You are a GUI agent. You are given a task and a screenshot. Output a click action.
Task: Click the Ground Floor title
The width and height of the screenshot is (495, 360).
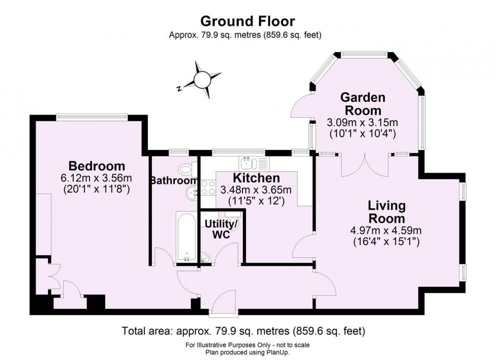pyautogui.click(x=247, y=21)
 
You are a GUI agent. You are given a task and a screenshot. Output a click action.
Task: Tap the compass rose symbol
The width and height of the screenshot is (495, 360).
pyautogui.click(x=201, y=80)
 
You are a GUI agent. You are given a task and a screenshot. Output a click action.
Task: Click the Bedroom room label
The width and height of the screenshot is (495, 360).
pyautogui.click(x=97, y=166)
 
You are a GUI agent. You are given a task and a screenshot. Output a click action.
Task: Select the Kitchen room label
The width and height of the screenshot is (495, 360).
pyautogui.click(x=256, y=178)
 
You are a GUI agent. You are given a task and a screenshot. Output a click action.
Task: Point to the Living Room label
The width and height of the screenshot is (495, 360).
pyautogui.click(x=387, y=212)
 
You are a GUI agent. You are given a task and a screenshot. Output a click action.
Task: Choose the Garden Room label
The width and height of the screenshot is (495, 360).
pyautogui.click(x=363, y=103)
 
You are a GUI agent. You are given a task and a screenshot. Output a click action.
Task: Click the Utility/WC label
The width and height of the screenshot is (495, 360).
pyautogui.click(x=221, y=229)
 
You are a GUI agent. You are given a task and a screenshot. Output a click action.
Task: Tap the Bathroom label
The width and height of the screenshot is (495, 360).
pyautogui.click(x=174, y=181)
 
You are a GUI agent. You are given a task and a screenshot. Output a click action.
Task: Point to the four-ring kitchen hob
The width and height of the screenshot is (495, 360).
pyautogui.click(x=208, y=187)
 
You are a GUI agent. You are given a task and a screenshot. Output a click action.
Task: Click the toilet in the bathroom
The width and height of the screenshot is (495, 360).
pyautogui.click(x=188, y=169)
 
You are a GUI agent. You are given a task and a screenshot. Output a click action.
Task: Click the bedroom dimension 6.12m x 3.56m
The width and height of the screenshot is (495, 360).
pyautogui.click(x=97, y=178)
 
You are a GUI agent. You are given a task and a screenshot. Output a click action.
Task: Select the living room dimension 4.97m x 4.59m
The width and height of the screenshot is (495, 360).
pyautogui.click(x=386, y=230)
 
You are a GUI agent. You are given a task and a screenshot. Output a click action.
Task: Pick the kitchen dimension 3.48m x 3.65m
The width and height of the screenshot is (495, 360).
pyautogui.click(x=256, y=190)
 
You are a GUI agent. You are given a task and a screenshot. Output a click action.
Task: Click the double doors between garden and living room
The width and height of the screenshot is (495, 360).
pyautogui.click(x=365, y=165)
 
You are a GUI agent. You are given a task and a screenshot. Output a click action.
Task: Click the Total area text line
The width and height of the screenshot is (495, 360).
pyautogui.click(x=244, y=331)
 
